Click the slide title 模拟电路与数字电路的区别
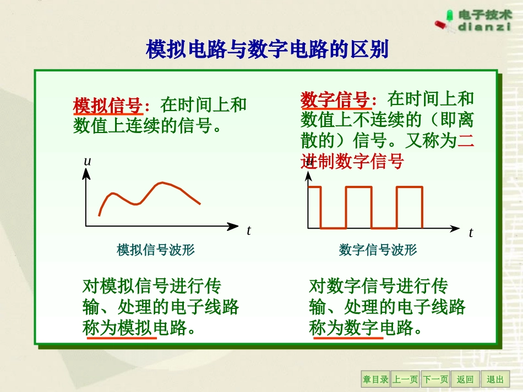pos(267,49)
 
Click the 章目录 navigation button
pos(375,379)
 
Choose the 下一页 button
pos(435,379)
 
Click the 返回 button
pos(465,379)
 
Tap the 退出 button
pos(495,379)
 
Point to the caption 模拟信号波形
pos(156,250)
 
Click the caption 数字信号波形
pos(378,250)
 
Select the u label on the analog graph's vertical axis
pos(86,161)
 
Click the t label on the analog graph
pos(248,231)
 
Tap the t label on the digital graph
pos(471,233)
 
